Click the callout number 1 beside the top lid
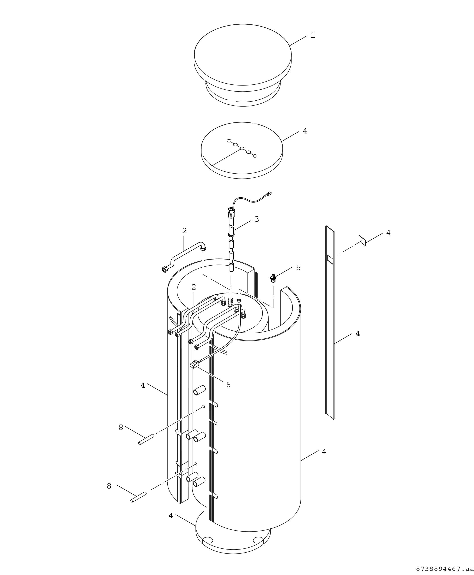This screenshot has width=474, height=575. (x=313, y=35)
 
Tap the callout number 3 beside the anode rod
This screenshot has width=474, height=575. (x=257, y=219)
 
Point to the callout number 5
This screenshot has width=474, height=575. (x=298, y=268)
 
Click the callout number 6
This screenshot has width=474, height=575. (x=228, y=385)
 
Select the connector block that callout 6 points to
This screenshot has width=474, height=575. (x=195, y=364)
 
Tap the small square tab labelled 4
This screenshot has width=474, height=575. (x=362, y=241)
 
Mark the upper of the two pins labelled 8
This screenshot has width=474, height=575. (x=146, y=439)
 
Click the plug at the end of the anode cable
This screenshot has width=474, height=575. (x=269, y=194)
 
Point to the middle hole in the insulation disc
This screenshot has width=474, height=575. (x=242, y=148)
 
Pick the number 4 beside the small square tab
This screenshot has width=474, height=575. (x=388, y=233)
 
